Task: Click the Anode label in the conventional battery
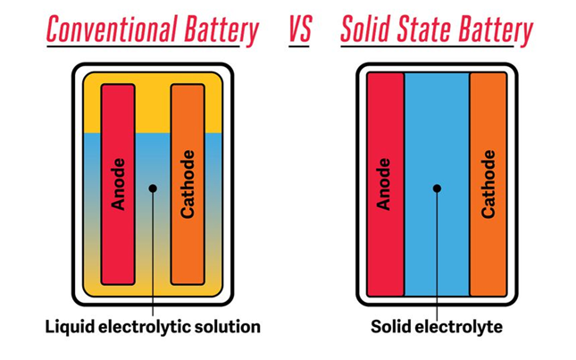tap(118, 185)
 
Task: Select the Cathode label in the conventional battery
tap(188, 185)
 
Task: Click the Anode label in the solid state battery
tap(385, 185)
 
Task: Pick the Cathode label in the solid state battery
tap(488, 185)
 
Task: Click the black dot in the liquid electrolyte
tap(154, 188)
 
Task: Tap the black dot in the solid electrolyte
tap(437, 188)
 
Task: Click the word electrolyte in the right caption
tap(462, 327)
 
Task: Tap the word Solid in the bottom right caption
tap(392, 327)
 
